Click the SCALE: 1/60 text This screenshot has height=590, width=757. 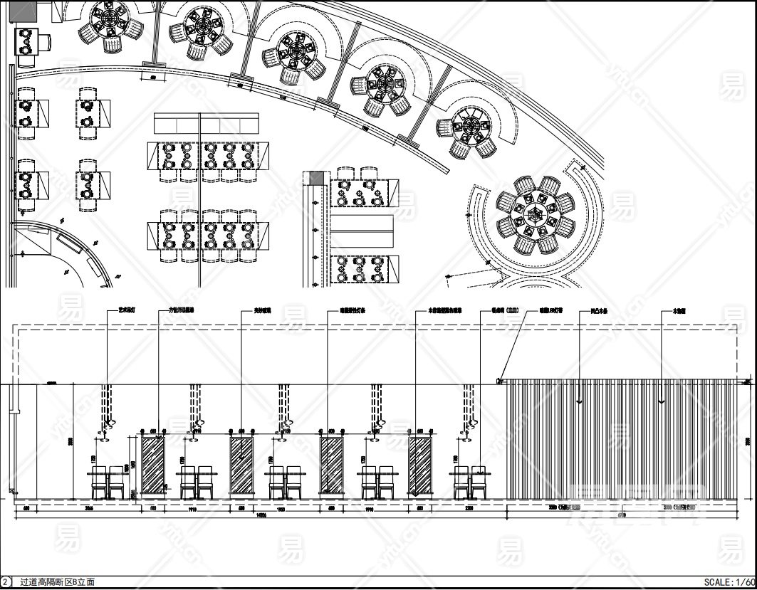(729, 582)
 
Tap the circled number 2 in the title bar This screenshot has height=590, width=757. (6, 582)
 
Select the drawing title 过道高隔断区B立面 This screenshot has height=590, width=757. (57, 582)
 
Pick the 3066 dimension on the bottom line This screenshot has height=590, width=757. (89, 509)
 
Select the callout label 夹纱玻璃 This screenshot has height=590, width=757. (254, 311)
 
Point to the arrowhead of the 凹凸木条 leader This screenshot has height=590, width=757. (580, 403)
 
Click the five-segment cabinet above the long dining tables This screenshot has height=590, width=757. (207, 124)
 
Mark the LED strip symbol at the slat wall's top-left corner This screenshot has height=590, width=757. (500, 381)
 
